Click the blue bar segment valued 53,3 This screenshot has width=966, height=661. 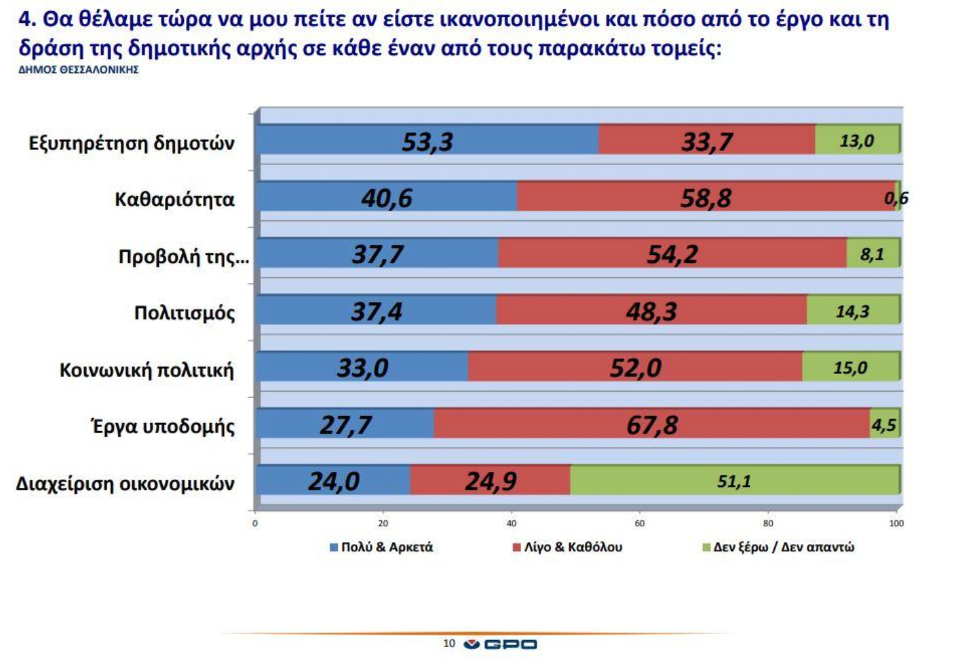tap(427, 141)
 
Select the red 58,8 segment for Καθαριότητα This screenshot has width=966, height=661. tap(705, 197)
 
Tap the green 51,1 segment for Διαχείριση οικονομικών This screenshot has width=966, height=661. tap(734, 481)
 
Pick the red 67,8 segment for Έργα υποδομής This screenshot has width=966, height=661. tap(651, 424)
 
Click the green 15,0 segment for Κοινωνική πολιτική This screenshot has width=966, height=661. tap(850, 367)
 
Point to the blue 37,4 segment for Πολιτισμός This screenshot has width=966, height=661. tap(377, 311)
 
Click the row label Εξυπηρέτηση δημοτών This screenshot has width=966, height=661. tap(131, 143)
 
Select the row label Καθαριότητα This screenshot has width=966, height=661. tap(174, 199)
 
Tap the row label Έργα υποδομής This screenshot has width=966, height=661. tap(162, 426)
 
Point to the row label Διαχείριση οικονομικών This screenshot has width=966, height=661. tap(125, 483)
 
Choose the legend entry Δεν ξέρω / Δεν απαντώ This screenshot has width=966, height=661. tap(779, 547)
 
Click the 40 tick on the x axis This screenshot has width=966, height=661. tap(511, 524)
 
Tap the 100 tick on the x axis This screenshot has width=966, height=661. tap(896, 524)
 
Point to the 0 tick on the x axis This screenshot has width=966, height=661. tap(255, 524)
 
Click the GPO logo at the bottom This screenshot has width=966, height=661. tap(500, 644)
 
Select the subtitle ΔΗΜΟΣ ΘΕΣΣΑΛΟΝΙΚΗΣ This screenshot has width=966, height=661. tap(78, 70)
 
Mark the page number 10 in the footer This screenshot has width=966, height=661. tap(449, 643)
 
